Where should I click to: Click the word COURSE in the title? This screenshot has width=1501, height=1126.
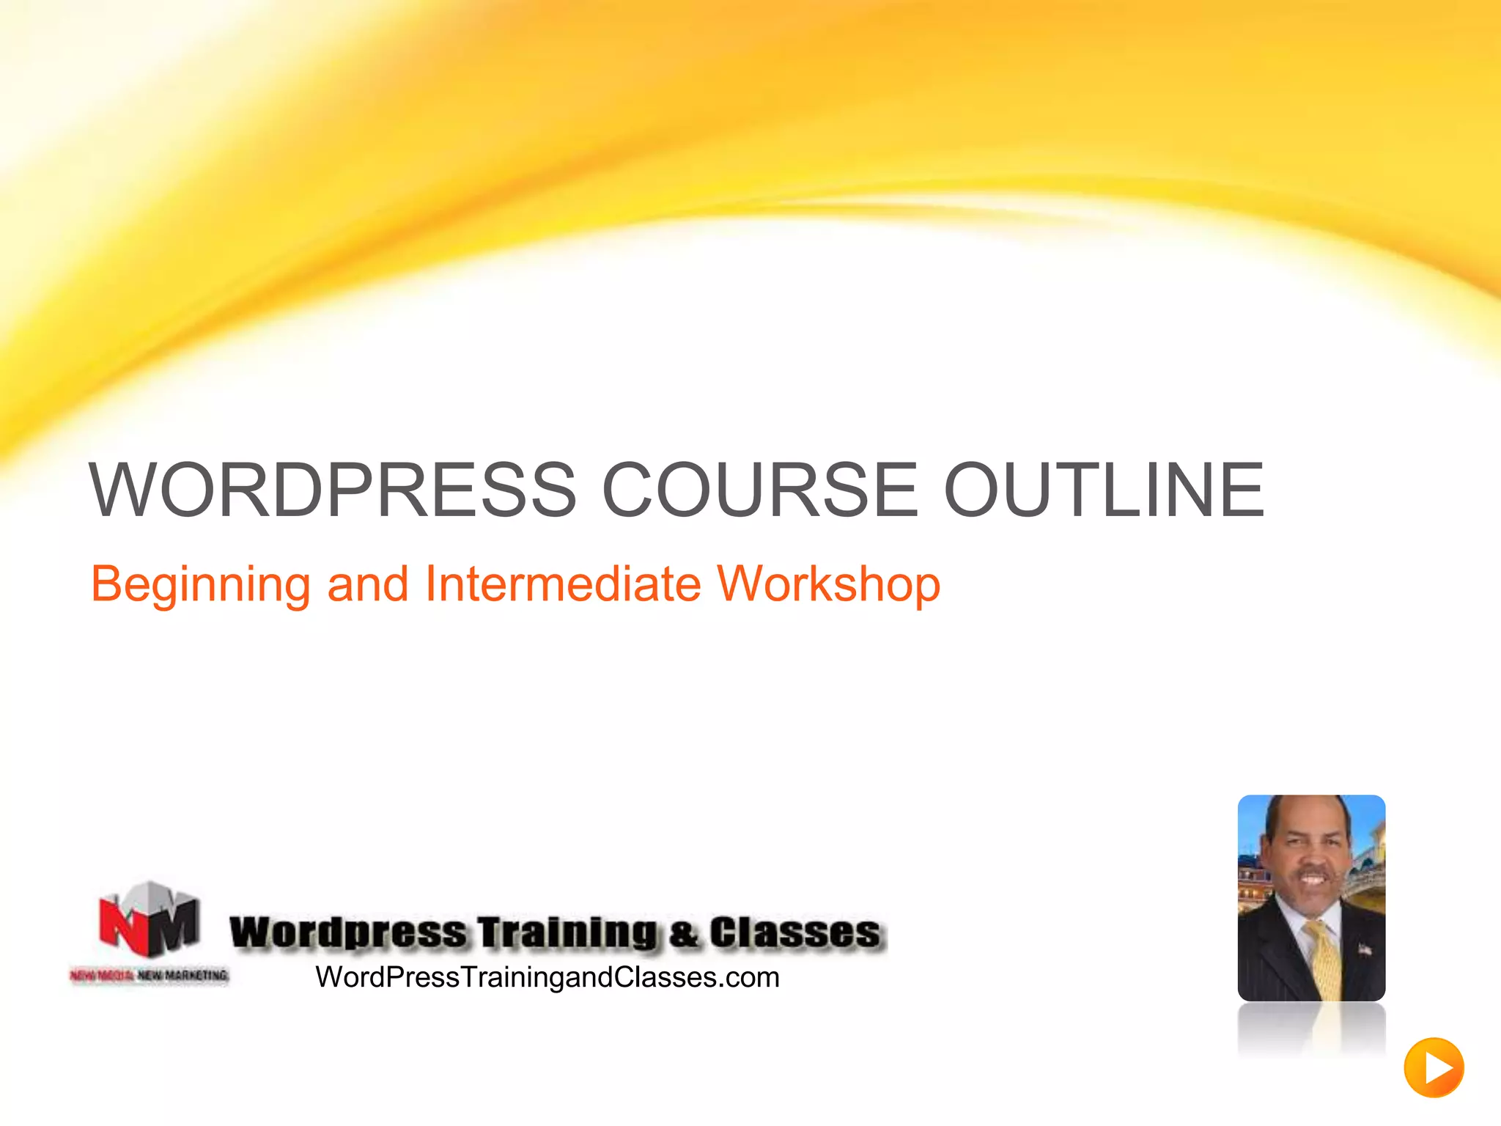click(x=759, y=490)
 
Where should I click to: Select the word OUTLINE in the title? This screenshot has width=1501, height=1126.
click(x=1104, y=490)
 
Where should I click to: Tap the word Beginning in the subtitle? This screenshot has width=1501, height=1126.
click(x=200, y=585)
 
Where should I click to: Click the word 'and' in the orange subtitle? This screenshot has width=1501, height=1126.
click(x=367, y=584)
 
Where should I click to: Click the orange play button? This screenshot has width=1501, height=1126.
click(x=1434, y=1067)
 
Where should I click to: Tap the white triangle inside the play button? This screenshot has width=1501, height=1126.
click(x=1437, y=1068)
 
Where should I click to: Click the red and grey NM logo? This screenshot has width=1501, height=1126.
click(x=150, y=919)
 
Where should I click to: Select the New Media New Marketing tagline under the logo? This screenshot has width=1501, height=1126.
click(x=150, y=975)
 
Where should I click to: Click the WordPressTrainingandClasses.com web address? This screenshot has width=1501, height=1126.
click(x=547, y=977)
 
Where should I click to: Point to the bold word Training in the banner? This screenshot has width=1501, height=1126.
click(x=568, y=933)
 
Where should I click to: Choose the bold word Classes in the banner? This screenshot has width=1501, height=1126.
click(x=794, y=932)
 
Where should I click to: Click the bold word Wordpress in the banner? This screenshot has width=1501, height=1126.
click(x=348, y=933)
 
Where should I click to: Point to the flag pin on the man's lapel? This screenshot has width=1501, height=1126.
click(x=1365, y=949)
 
